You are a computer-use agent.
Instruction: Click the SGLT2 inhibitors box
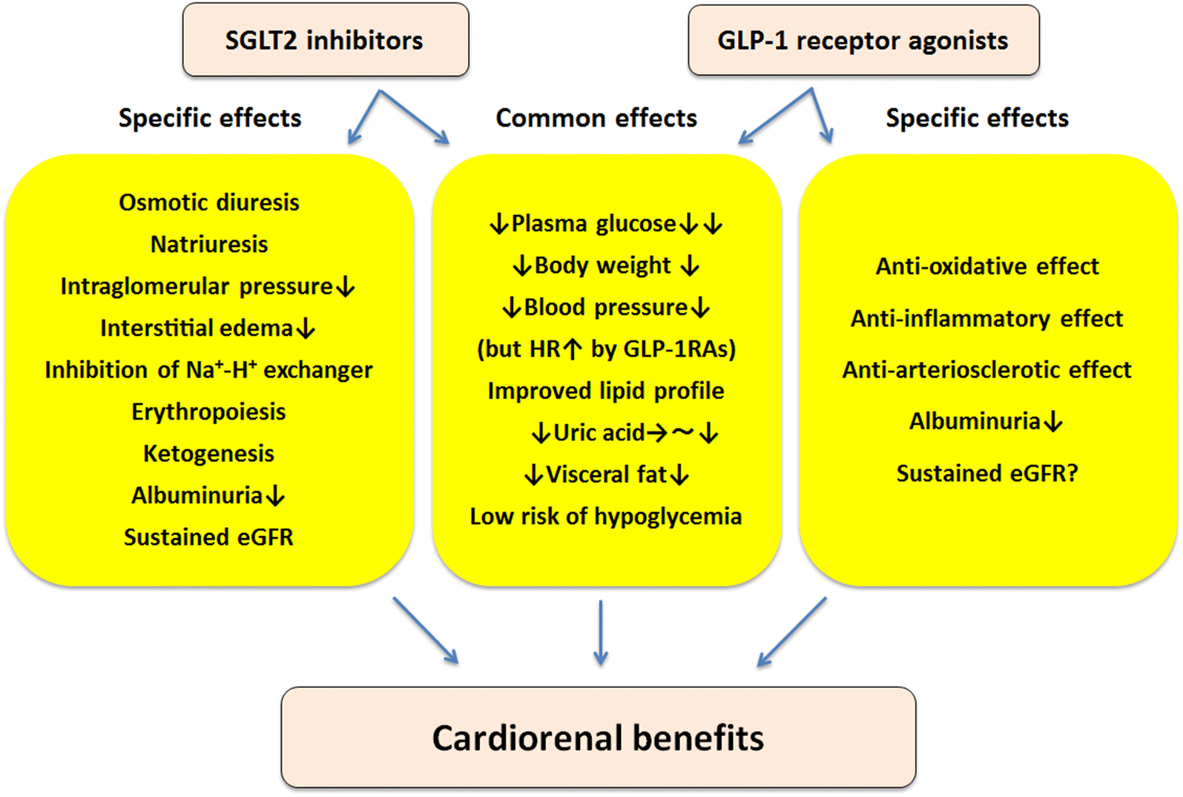tap(325, 40)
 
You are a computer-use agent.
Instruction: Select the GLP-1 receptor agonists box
tap(863, 40)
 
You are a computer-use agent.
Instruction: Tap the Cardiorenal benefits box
tap(598, 737)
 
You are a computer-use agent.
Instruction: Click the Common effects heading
tap(596, 118)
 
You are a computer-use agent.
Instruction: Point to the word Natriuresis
tap(209, 244)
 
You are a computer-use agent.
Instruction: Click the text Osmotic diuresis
tap(209, 202)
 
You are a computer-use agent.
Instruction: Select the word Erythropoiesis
tap(208, 411)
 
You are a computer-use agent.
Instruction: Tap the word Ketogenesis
tap(208, 453)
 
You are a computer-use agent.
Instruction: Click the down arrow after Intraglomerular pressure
tap(346, 287)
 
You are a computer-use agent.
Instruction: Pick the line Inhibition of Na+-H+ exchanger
tap(208, 369)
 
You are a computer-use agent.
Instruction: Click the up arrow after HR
tap(573, 349)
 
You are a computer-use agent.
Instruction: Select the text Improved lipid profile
tap(605, 391)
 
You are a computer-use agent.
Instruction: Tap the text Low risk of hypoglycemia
tap(605, 516)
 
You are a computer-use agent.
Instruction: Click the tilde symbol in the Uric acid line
tap(683, 432)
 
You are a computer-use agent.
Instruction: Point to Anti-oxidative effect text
tap(986, 266)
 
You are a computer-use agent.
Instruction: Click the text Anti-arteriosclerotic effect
tap(986, 369)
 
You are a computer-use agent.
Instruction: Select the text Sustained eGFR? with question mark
tap(986, 473)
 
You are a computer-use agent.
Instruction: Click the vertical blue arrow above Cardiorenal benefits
tap(601, 632)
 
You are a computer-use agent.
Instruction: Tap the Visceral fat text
tap(606, 474)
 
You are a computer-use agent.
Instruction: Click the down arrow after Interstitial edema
tap(306, 328)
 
